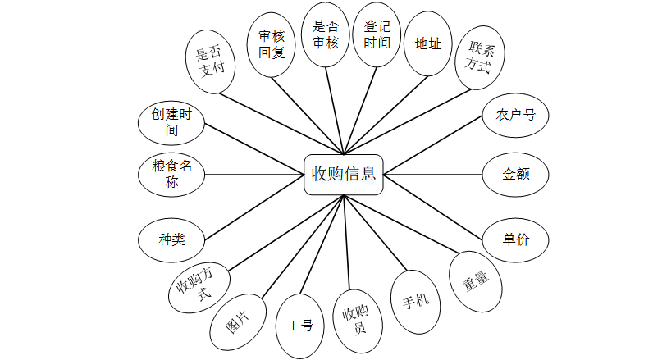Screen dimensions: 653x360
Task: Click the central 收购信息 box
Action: [344, 174]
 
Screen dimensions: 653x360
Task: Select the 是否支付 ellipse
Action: [211, 63]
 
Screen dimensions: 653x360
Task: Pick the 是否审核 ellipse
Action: [326, 34]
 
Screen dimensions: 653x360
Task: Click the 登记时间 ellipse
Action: [377, 34]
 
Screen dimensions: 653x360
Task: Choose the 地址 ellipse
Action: [428, 43]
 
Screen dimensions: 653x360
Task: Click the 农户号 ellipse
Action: [515, 115]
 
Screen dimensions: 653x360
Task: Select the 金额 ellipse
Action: [514, 174]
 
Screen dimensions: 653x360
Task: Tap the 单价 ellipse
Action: [515, 239]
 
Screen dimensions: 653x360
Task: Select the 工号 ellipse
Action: [299, 326]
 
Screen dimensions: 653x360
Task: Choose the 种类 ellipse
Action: [171, 239]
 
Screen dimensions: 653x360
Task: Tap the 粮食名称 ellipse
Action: [171, 174]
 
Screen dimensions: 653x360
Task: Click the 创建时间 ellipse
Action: [171, 122]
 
